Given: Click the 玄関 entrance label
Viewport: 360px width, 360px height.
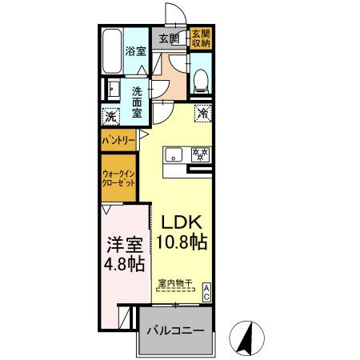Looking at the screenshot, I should click(x=167, y=38).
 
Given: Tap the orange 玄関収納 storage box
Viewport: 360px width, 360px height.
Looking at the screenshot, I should click(x=199, y=38).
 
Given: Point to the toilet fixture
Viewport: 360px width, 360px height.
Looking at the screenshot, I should click(x=201, y=78).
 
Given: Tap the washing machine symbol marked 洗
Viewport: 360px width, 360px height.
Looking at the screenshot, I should click(x=111, y=117).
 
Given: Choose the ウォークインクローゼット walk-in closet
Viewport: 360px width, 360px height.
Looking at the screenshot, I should click(x=118, y=177).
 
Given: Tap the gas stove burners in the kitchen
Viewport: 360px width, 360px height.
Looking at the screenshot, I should click(x=201, y=154).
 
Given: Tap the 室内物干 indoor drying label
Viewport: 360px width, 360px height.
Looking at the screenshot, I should click(x=175, y=282).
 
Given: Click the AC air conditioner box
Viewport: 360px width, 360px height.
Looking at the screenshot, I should click(x=206, y=292).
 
